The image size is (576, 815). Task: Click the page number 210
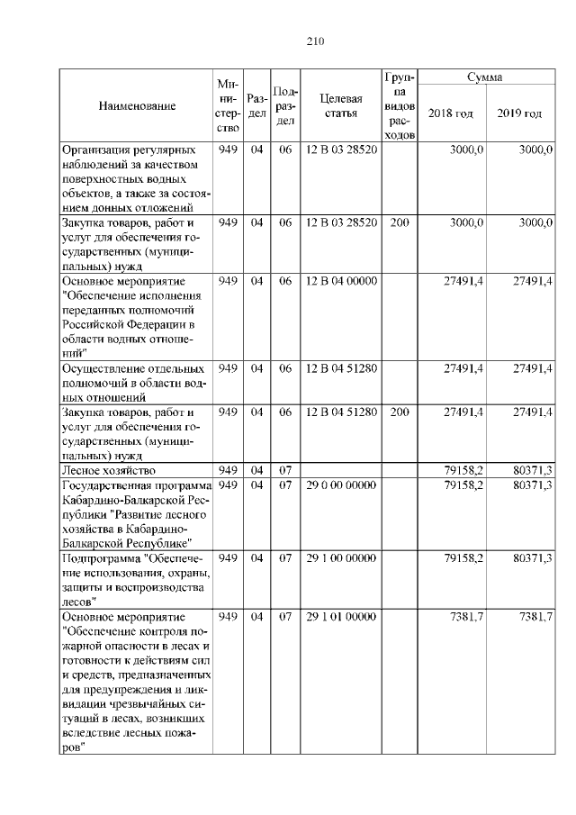pyautogui.click(x=314, y=41)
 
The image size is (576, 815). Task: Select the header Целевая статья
pyautogui.click(x=340, y=105)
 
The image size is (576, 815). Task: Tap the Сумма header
pyautogui.click(x=484, y=78)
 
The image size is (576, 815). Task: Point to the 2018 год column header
pyautogui.click(x=451, y=113)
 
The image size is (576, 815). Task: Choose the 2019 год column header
pyautogui.click(x=519, y=113)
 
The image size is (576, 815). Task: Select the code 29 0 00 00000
pyautogui.click(x=340, y=485)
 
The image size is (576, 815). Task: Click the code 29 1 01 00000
pyautogui.click(x=340, y=617)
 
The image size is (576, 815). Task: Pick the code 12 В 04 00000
pyautogui.click(x=340, y=282)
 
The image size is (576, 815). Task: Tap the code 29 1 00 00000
pyautogui.click(x=340, y=558)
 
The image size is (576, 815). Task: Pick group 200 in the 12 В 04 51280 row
pyautogui.click(x=400, y=412)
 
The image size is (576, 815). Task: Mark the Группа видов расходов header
pyautogui.click(x=400, y=105)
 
